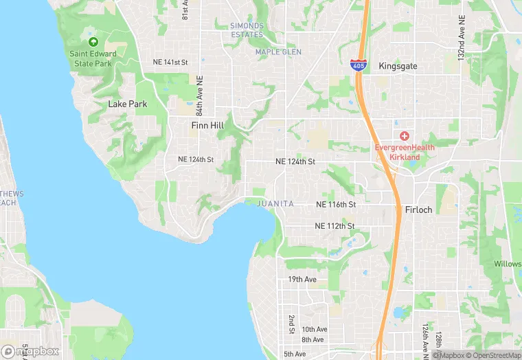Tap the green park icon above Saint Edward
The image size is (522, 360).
(93, 42)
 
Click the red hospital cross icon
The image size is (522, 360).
(405, 136)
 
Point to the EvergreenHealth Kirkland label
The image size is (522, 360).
(405, 152)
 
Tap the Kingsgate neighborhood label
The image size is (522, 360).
(398, 66)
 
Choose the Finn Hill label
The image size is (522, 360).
(208, 126)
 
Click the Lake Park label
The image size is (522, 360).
(128, 104)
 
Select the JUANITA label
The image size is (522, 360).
(275, 204)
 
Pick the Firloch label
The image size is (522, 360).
(419, 210)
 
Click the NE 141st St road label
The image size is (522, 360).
(170, 62)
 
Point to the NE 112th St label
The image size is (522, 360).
(334, 226)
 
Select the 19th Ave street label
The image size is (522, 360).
(302, 280)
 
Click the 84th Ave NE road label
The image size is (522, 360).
(199, 95)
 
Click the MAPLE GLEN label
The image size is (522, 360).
(278, 52)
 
